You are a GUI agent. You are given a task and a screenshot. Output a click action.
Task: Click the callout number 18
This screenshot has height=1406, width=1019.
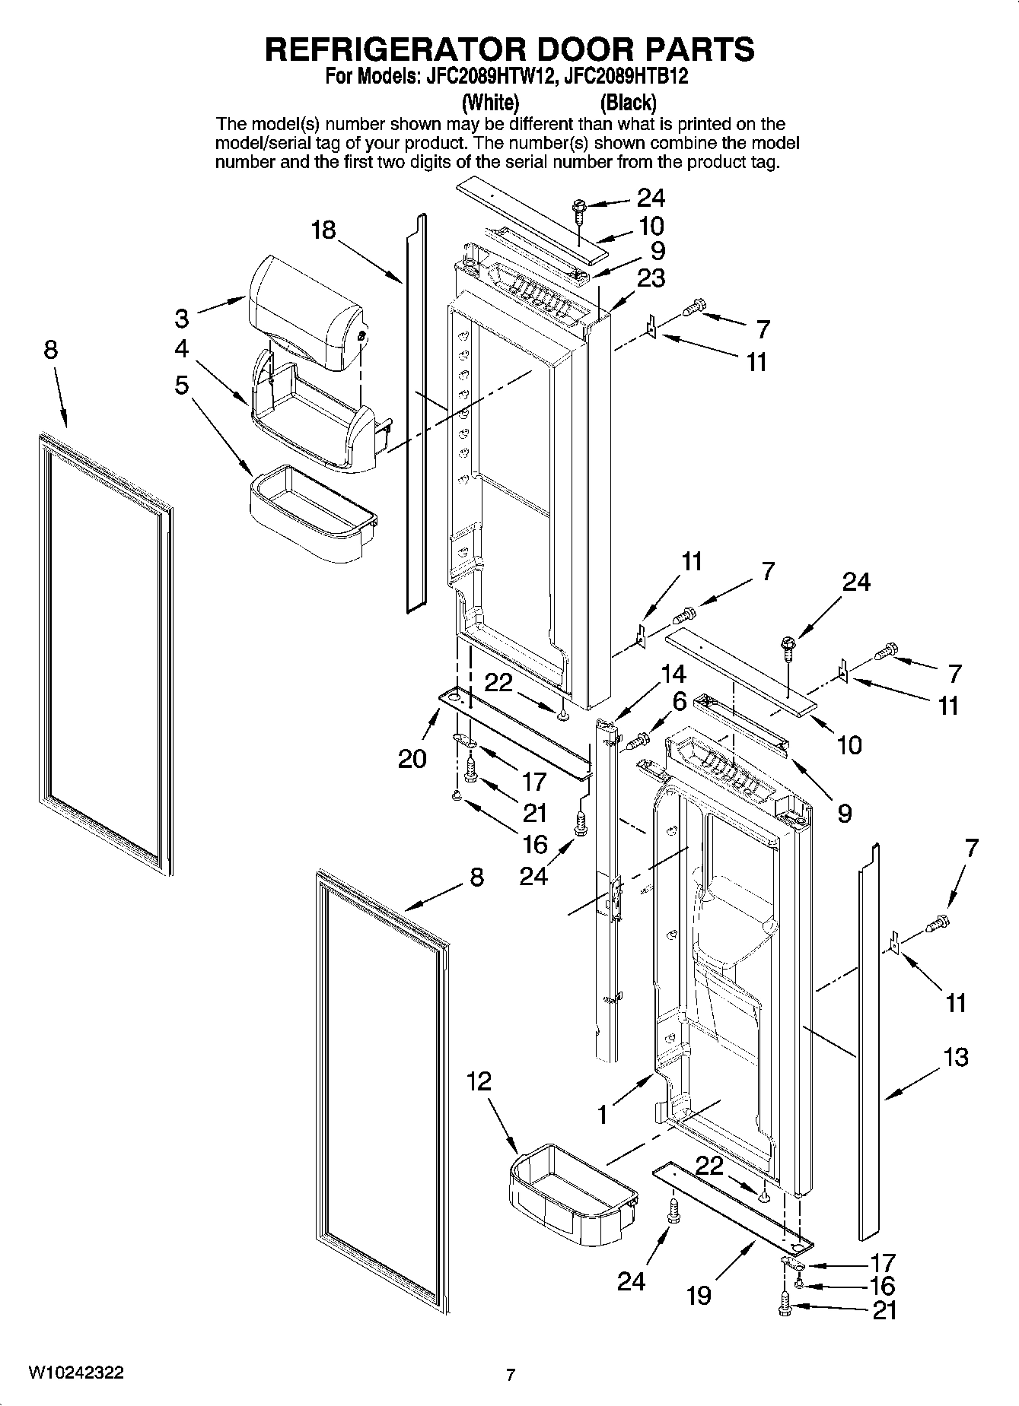pyautogui.click(x=323, y=230)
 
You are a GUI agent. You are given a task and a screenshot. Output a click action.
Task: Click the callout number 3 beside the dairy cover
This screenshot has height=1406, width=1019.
pyautogui.click(x=181, y=316)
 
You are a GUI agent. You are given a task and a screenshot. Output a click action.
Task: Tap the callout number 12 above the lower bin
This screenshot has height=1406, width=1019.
pyautogui.click(x=479, y=1081)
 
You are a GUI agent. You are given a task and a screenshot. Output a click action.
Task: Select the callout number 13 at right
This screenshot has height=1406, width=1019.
pyautogui.click(x=955, y=1056)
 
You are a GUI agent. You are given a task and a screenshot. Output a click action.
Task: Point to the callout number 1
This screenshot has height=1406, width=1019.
pyautogui.click(x=602, y=1115)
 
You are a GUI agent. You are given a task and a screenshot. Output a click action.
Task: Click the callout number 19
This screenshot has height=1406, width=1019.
pyautogui.click(x=698, y=1294)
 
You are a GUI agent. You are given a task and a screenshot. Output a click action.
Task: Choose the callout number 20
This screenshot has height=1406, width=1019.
pyautogui.click(x=412, y=758)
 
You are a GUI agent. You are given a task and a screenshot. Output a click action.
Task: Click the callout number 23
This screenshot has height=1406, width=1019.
pyautogui.click(x=651, y=278)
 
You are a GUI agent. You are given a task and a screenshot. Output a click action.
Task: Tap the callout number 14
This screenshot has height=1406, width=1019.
pyautogui.click(x=673, y=674)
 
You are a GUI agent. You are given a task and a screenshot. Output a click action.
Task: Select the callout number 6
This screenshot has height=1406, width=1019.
pyautogui.click(x=680, y=701)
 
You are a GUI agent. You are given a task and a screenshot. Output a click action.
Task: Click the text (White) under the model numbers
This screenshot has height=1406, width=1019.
pyautogui.click(x=491, y=102)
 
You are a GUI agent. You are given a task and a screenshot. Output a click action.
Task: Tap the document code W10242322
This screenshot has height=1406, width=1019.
pyautogui.click(x=76, y=1373)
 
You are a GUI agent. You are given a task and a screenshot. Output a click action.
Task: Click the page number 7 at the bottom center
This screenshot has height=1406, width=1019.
pyautogui.click(x=511, y=1375)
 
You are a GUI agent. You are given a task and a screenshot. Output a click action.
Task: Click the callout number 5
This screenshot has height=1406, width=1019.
pyautogui.click(x=181, y=385)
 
